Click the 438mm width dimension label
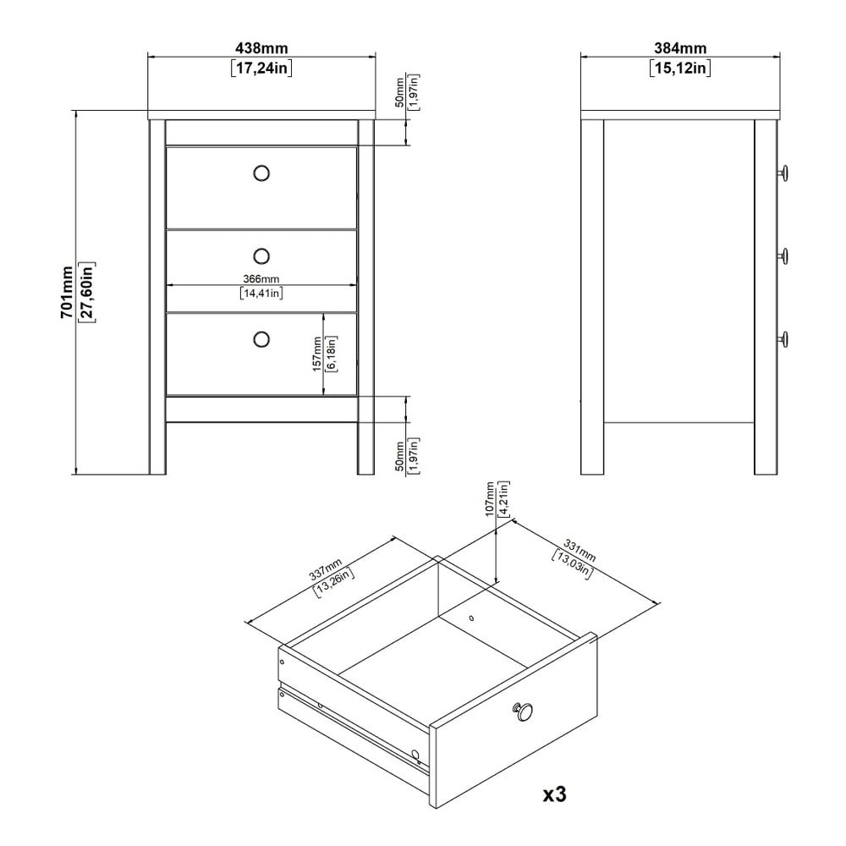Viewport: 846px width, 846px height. [x=262, y=48]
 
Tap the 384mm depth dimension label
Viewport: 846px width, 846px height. [x=680, y=48]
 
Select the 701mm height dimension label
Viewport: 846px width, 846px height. [x=67, y=292]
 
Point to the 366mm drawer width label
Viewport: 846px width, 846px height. [x=261, y=279]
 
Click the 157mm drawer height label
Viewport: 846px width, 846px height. [x=317, y=354]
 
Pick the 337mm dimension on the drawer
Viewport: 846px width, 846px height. [x=326, y=569]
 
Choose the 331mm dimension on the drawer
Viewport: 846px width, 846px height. [x=580, y=550]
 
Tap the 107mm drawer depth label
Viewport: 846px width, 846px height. [x=490, y=499]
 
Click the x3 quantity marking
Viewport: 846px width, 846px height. [x=554, y=794]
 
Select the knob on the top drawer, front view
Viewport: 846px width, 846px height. [x=261, y=173]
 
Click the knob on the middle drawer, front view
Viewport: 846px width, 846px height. [x=261, y=255]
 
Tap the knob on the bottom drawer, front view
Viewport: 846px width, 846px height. [x=261, y=339]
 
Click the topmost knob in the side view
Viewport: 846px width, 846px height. [x=783, y=173]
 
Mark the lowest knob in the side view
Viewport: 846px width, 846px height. [x=783, y=339]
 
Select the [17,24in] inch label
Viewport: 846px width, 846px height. [x=262, y=68]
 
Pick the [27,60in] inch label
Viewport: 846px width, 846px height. [x=87, y=292]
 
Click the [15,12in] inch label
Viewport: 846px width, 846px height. [x=680, y=68]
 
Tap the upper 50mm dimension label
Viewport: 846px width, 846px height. [x=400, y=92]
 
